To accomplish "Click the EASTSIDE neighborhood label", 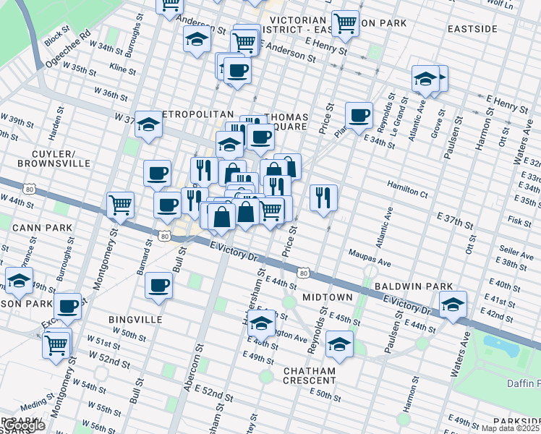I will pos(472,29).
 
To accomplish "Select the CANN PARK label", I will pos(43,228).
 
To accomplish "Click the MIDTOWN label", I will pos(328,297).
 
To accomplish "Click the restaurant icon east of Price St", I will pos(323,197).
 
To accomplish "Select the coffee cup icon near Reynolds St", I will pos(358,115).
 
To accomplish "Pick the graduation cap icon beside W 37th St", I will pos(148,124).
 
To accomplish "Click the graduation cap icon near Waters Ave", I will pos(453,304).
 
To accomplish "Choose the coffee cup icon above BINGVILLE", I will pos(158,285).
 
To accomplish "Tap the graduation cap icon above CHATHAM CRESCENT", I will pos(262,323).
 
